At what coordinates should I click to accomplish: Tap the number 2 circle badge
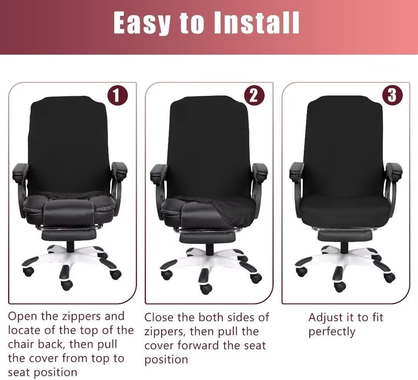point(254,95)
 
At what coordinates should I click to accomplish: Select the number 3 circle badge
point(392,95)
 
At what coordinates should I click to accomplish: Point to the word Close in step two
point(159,317)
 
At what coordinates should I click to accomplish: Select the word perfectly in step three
point(332,332)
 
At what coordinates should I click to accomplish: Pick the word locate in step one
point(25,330)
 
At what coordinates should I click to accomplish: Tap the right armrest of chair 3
point(394,170)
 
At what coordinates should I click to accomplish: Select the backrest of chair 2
point(209,143)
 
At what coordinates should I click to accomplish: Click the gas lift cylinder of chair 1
point(70,245)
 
